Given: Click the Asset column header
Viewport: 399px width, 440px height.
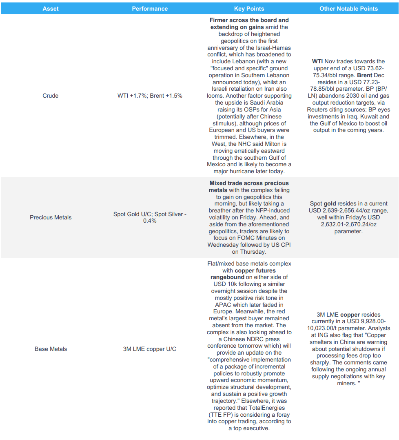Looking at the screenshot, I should pos(51,9).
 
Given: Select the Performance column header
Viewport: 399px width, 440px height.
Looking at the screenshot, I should pos(150,9).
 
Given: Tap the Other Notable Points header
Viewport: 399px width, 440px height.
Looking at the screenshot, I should pos(348,9).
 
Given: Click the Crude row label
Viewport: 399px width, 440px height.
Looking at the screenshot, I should pos(51,96).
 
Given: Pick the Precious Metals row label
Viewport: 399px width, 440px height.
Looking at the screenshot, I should pos(51,217).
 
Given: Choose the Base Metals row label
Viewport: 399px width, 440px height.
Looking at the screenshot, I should pos(51,349).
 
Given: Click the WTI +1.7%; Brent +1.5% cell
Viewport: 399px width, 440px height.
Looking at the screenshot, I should pos(150,96).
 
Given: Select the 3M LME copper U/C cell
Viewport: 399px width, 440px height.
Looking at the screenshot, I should pos(150,349).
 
